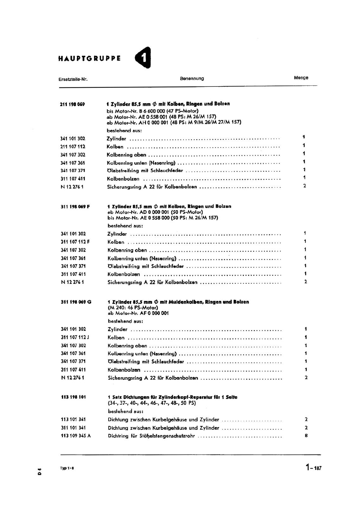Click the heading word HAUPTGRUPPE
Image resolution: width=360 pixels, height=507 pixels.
(89, 58)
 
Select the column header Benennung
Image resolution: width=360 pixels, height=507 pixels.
(192, 79)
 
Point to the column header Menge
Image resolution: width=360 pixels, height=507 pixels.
(301, 78)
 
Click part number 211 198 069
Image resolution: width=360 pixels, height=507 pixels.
(73, 104)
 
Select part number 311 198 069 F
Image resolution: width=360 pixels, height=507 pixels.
(75, 206)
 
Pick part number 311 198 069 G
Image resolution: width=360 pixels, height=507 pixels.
(76, 302)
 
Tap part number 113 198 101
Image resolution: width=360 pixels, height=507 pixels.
(73, 397)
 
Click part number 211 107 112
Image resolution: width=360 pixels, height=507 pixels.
(73, 147)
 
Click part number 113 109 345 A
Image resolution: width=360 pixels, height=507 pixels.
(76, 436)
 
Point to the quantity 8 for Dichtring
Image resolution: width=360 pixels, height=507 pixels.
(306, 435)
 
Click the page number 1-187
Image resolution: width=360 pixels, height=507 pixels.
(313, 467)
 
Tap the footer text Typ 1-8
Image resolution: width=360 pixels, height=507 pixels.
(66, 468)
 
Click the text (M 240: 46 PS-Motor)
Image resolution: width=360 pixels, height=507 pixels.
(133, 307)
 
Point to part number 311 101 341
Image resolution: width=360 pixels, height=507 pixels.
(73, 428)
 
